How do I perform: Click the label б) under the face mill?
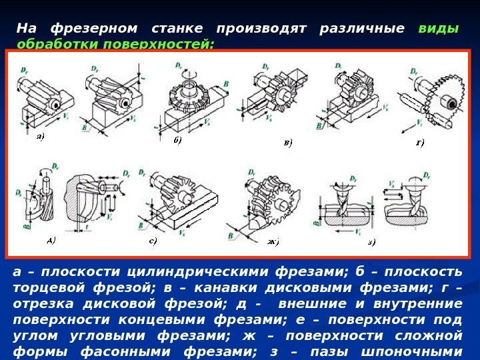coord(177,140)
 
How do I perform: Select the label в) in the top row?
coord(287,142)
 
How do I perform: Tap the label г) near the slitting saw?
coord(420,141)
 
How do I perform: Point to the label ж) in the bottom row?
coord(273,241)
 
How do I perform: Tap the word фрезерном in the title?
coord(94,29)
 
